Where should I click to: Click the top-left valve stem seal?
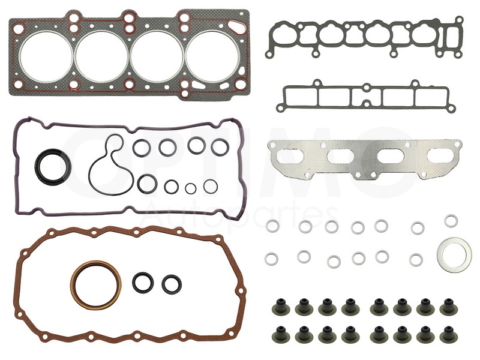(x=278, y=307)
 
